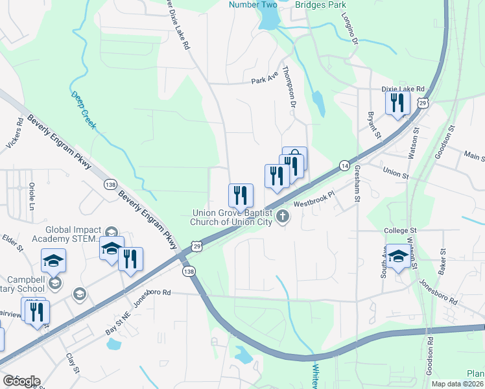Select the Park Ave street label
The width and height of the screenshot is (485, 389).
(x=265, y=81)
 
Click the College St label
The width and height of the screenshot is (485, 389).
(x=399, y=230)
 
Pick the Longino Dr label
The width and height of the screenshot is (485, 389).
(x=354, y=30)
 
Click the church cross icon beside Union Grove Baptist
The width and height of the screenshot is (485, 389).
(x=282, y=217)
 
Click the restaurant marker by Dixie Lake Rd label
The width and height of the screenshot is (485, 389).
(x=397, y=103)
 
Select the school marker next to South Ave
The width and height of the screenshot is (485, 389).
(x=397, y=257)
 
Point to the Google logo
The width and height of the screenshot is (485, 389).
(x=21, y=381)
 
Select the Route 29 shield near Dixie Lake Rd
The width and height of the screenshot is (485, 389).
(x=422, y=103)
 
